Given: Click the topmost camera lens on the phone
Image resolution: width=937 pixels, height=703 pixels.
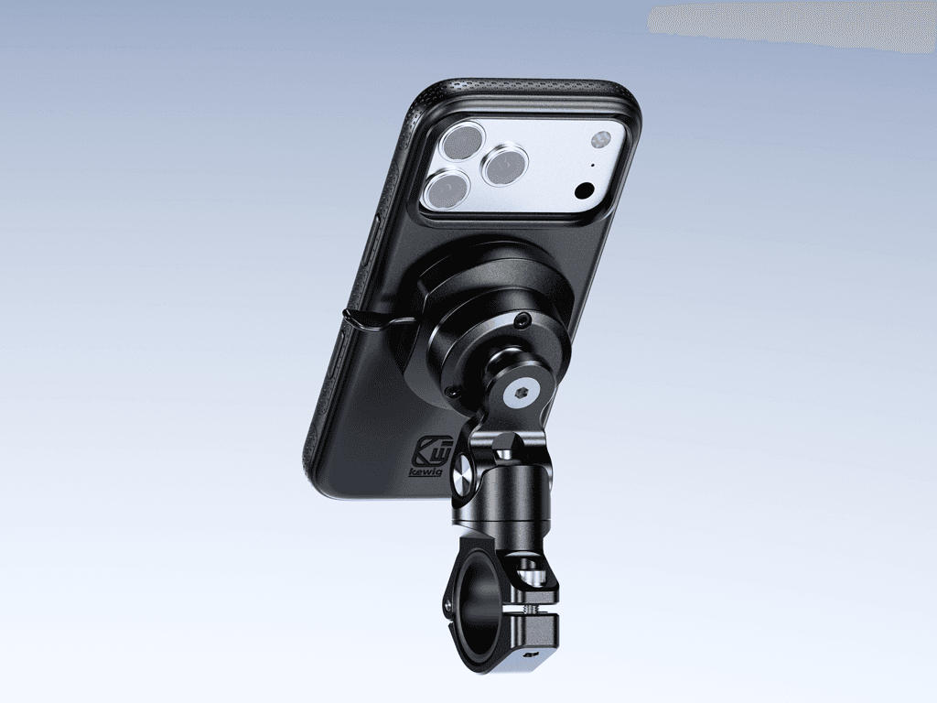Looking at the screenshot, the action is (462, 140).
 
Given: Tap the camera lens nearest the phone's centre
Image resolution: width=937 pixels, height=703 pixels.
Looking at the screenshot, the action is (505, 166).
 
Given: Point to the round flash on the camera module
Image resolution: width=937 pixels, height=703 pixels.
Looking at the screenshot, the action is (599, 140).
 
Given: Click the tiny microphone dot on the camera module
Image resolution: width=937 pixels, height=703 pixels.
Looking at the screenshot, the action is (593, 166).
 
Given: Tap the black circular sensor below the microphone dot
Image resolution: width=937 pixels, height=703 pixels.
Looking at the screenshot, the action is (584, 191).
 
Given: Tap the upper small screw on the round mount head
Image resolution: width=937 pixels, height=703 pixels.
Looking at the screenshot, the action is (523, 321).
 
